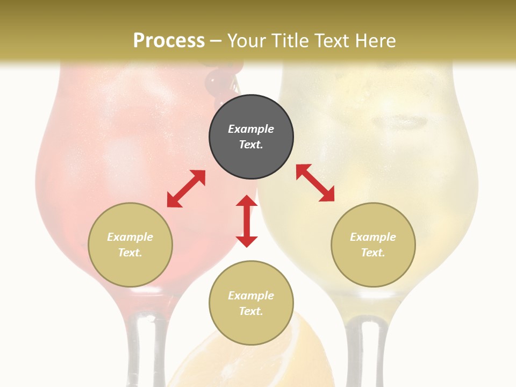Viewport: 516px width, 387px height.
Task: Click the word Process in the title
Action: pos(169,41)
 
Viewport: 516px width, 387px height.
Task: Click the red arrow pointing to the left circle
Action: pos(186,189)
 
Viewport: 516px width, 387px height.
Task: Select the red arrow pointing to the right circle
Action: pos(315,183)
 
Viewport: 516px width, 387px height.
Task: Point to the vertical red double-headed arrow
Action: pos(247,221)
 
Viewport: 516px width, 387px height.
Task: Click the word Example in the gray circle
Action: pos(251,129)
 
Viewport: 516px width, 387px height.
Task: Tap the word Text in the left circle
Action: pos(130,253)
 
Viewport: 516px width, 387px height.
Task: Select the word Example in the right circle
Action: pos(373,237)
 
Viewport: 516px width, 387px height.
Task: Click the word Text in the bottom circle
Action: pos(251,311)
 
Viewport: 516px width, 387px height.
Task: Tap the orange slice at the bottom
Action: pos(306,360)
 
